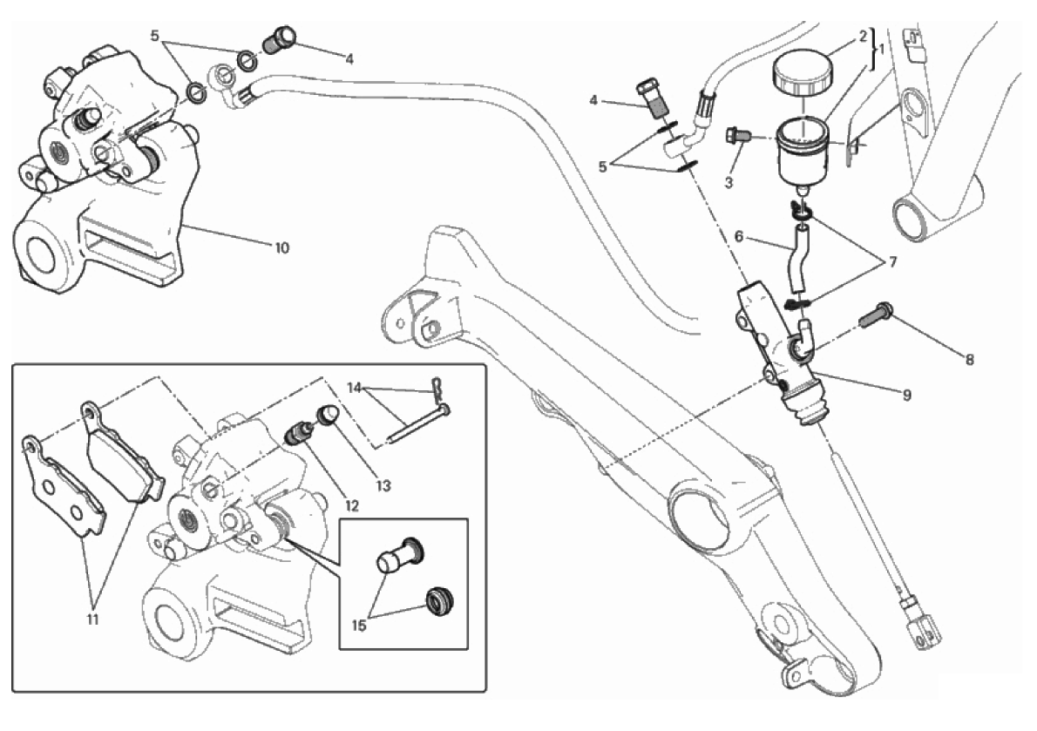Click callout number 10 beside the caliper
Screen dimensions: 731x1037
[281, 247]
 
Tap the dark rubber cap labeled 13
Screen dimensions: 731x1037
[329, 415]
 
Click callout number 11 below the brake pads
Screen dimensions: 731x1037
[92, 620]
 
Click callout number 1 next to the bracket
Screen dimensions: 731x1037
[881, 50]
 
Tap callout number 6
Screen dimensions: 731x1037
[738, 235]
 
